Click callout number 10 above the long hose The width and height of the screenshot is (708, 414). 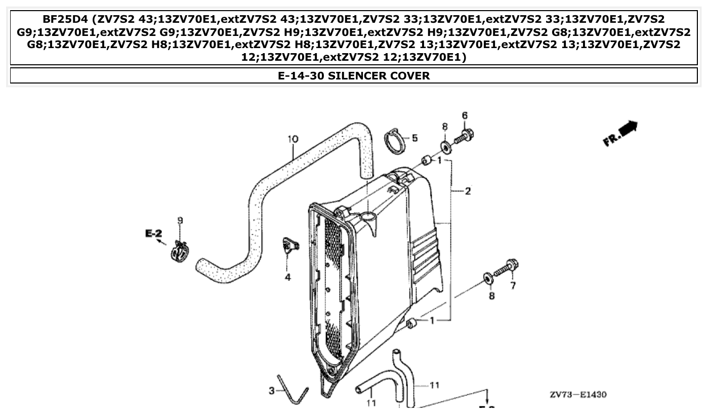pos(293,139)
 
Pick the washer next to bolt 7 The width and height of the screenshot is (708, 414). pos(488,277)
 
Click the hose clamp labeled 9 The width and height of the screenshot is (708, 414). pos(180,251)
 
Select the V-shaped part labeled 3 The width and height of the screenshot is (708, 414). pos(293,390)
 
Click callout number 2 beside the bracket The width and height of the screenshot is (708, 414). pos(468,191)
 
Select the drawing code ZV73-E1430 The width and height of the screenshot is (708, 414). pos(578,395)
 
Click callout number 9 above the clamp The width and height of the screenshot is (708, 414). pos(180,220)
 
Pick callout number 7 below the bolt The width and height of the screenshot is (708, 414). pos(513,286)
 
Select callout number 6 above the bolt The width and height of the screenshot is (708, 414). pos(465,115)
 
